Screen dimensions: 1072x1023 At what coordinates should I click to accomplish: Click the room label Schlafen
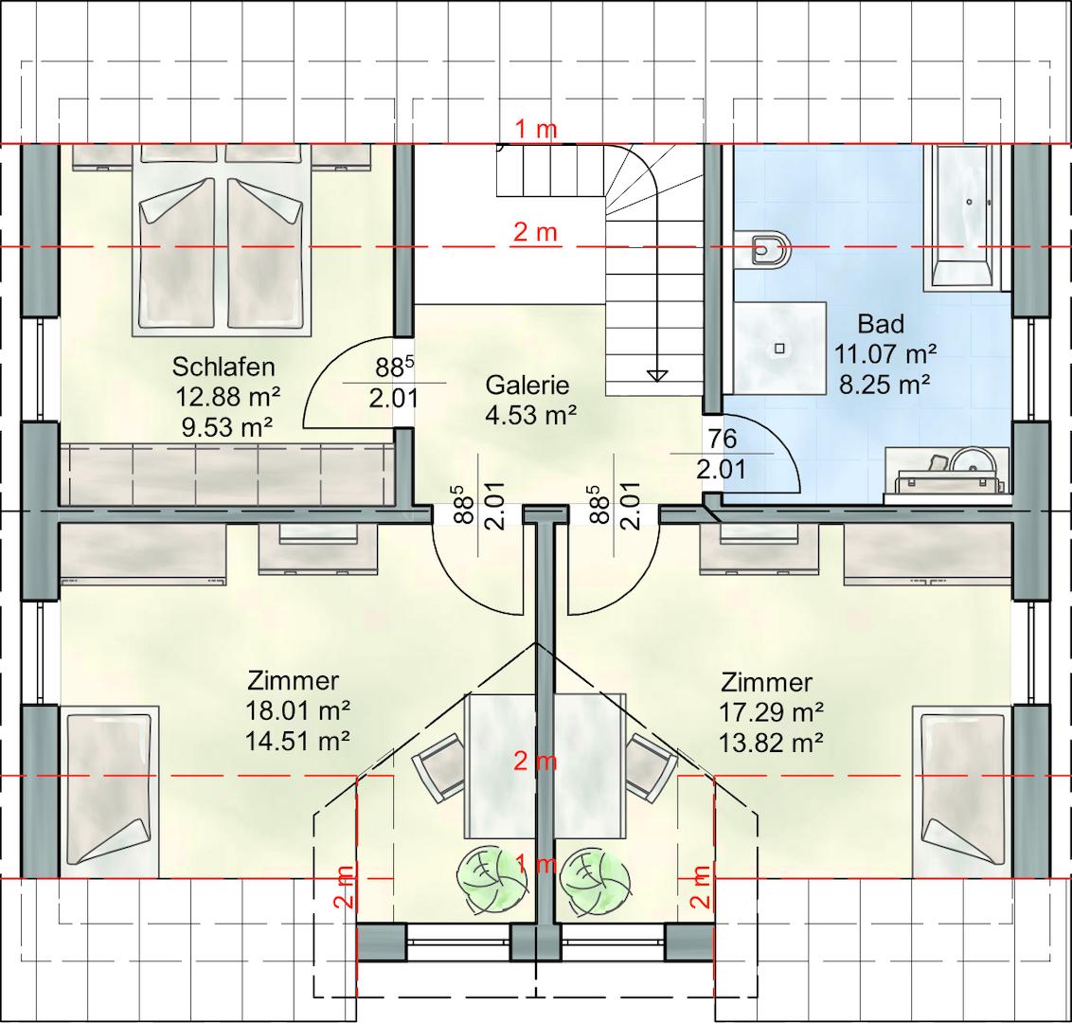pyautogui.click(x=223, y=368)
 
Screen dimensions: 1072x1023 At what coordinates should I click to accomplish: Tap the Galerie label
pyautogui.click(x=527, y=386)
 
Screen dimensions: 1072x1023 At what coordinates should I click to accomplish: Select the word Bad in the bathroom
pyautogui.click(x=882, y=323)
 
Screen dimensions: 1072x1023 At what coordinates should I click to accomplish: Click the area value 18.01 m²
pyautogui.click(x=298, y=710)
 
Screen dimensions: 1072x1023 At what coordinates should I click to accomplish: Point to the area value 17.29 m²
pyautogui.click(x=771, y=712)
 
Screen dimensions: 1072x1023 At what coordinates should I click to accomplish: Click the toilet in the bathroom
pyautogui.click(x=767, y=249)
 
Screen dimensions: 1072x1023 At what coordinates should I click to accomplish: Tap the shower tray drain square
pyautogui.click(x=780, y=348)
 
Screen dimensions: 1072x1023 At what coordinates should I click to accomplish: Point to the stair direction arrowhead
pyautogui.click(x=657, y=375)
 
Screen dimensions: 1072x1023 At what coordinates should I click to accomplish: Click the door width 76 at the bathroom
pyautogui.click(x=723, y=439)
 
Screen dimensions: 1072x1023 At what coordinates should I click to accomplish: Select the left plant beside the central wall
pyautogui.click(x=491, y=879)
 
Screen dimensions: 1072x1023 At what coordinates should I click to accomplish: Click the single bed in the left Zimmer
pyautogui.click(x=110, y=792)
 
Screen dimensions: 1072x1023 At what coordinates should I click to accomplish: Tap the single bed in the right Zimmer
pyautogui.click(x=962, y=792)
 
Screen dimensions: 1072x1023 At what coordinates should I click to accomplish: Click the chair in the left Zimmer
pyautogui.click(x=438, y=767)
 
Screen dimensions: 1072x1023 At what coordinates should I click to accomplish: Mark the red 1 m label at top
pyautogui.click(x=536, y=129)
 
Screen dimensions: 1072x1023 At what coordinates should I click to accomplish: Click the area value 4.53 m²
pyautogui.click(x=531, y=415)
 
